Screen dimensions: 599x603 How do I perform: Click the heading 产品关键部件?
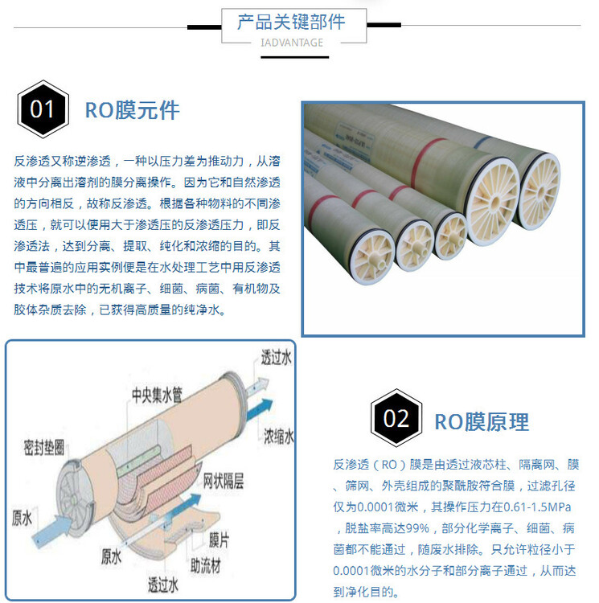coord(291,22)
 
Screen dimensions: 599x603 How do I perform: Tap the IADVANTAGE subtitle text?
coord(292,43)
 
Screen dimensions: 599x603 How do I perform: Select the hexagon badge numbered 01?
coord(43,109)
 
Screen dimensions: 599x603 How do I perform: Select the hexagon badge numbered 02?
coord(396,418)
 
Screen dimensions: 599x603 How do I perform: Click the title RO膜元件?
coord(132,110)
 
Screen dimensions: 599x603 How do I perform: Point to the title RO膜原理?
coord(482,422)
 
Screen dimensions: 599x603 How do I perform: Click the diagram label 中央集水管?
coord(157,395)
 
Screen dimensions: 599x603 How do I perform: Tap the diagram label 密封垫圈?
coord(44,448)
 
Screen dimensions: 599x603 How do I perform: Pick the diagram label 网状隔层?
coord(223,481)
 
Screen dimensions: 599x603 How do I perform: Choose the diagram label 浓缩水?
coord(278,437)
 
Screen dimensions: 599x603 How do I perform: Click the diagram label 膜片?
coord(219,540)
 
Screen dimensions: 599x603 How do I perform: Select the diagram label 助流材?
coord(206,566)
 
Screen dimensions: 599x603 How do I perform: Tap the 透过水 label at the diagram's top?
coord(276,357)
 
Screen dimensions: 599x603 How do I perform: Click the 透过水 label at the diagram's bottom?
coord(163,585)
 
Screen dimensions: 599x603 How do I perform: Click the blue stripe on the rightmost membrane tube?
coord(482,142)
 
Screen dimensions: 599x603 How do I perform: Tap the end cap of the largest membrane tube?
coord(493,201)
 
